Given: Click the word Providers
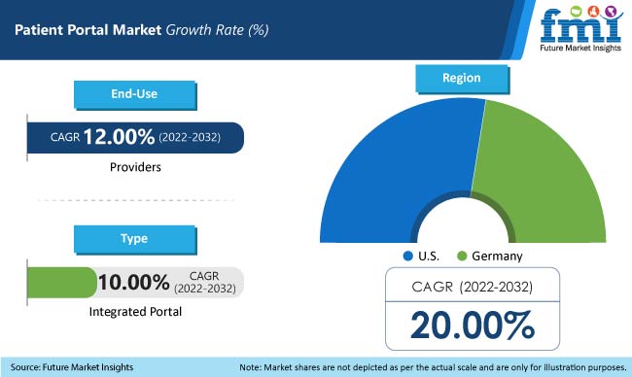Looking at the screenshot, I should [x=134, y=167].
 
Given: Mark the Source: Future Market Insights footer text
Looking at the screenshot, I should [x=73, y=366].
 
